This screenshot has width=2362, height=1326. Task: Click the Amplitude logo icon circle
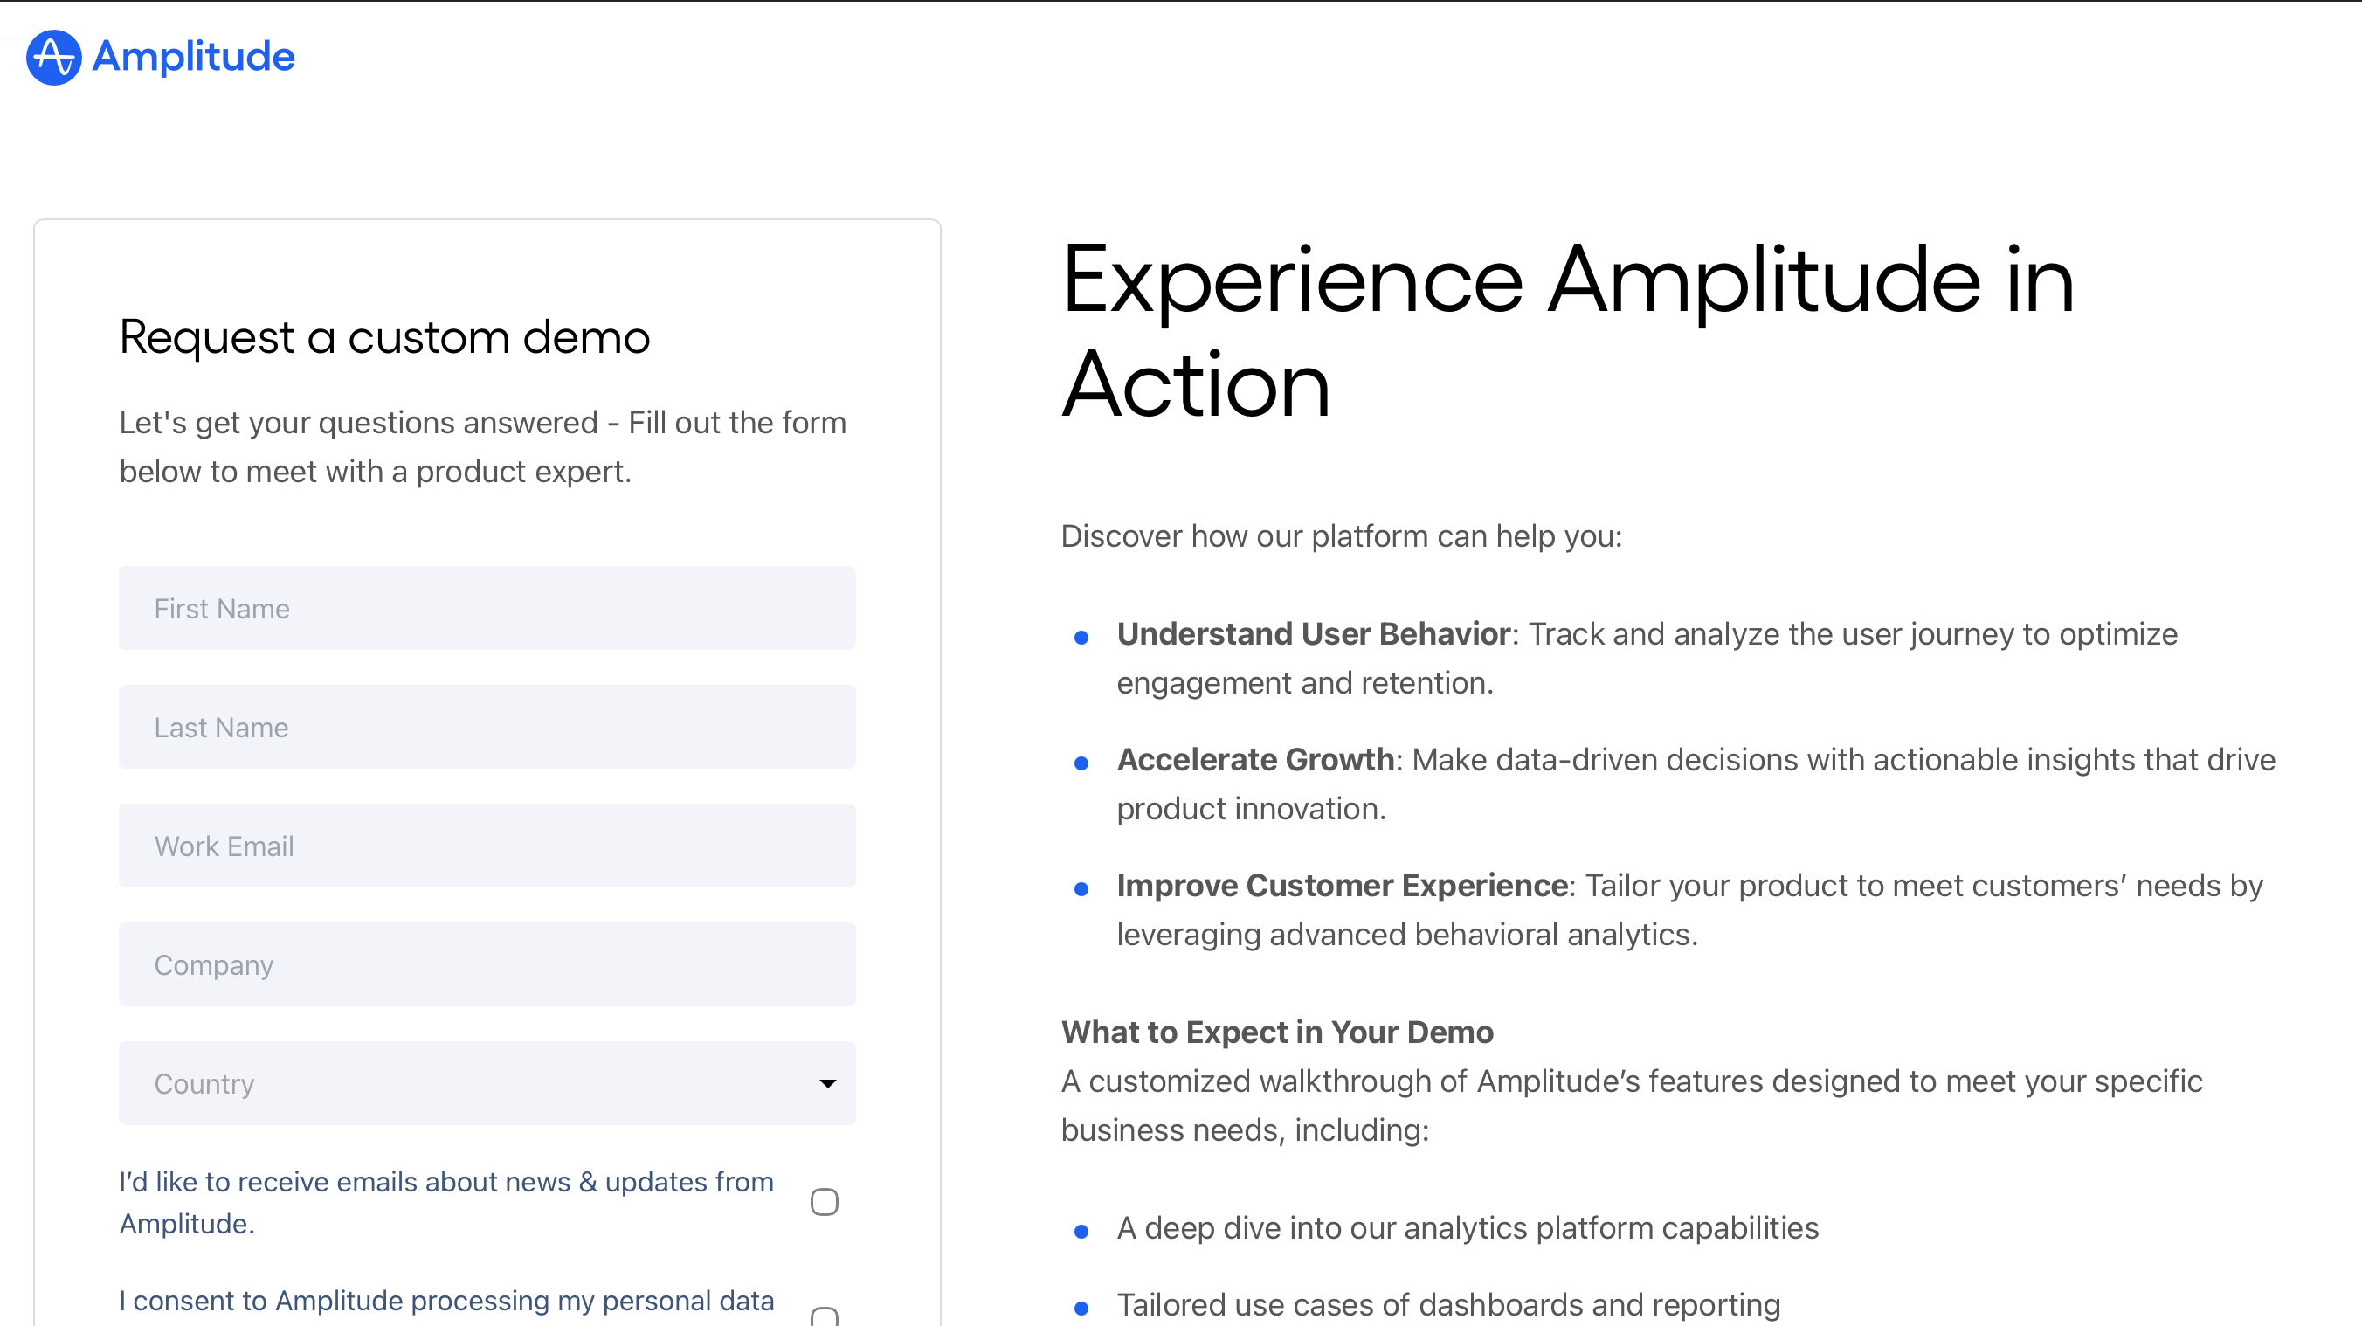(54, 57)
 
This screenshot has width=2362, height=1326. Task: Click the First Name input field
(487, 608)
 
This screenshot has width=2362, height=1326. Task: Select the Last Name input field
(487, 727)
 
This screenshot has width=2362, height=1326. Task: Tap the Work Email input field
(487, 846)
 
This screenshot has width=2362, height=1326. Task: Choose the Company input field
(487, 964)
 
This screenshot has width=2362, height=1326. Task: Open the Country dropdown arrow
(827, 1084)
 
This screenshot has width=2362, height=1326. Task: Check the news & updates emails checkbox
(825, 1201)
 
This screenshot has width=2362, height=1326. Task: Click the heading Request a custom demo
(385, 337)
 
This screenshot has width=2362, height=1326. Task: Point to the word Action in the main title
(1196, 385)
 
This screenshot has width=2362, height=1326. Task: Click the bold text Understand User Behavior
(1313, 633)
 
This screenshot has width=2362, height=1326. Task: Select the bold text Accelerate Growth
(1255, 759)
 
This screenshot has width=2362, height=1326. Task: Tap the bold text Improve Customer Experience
(1343, 885)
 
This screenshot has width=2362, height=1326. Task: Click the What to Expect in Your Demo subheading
(1277, 1032)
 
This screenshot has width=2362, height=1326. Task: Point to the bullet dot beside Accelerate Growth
(1081, 763)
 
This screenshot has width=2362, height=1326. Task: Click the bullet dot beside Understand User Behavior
(1081, 638)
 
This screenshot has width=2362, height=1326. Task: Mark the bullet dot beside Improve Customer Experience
(1081, 888)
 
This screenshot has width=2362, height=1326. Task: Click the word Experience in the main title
(1293, 282)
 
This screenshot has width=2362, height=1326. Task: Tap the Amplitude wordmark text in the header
(193, 57)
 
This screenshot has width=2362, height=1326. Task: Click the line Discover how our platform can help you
(1342, 535)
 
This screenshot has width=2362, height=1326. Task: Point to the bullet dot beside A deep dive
(1081, 1232)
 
